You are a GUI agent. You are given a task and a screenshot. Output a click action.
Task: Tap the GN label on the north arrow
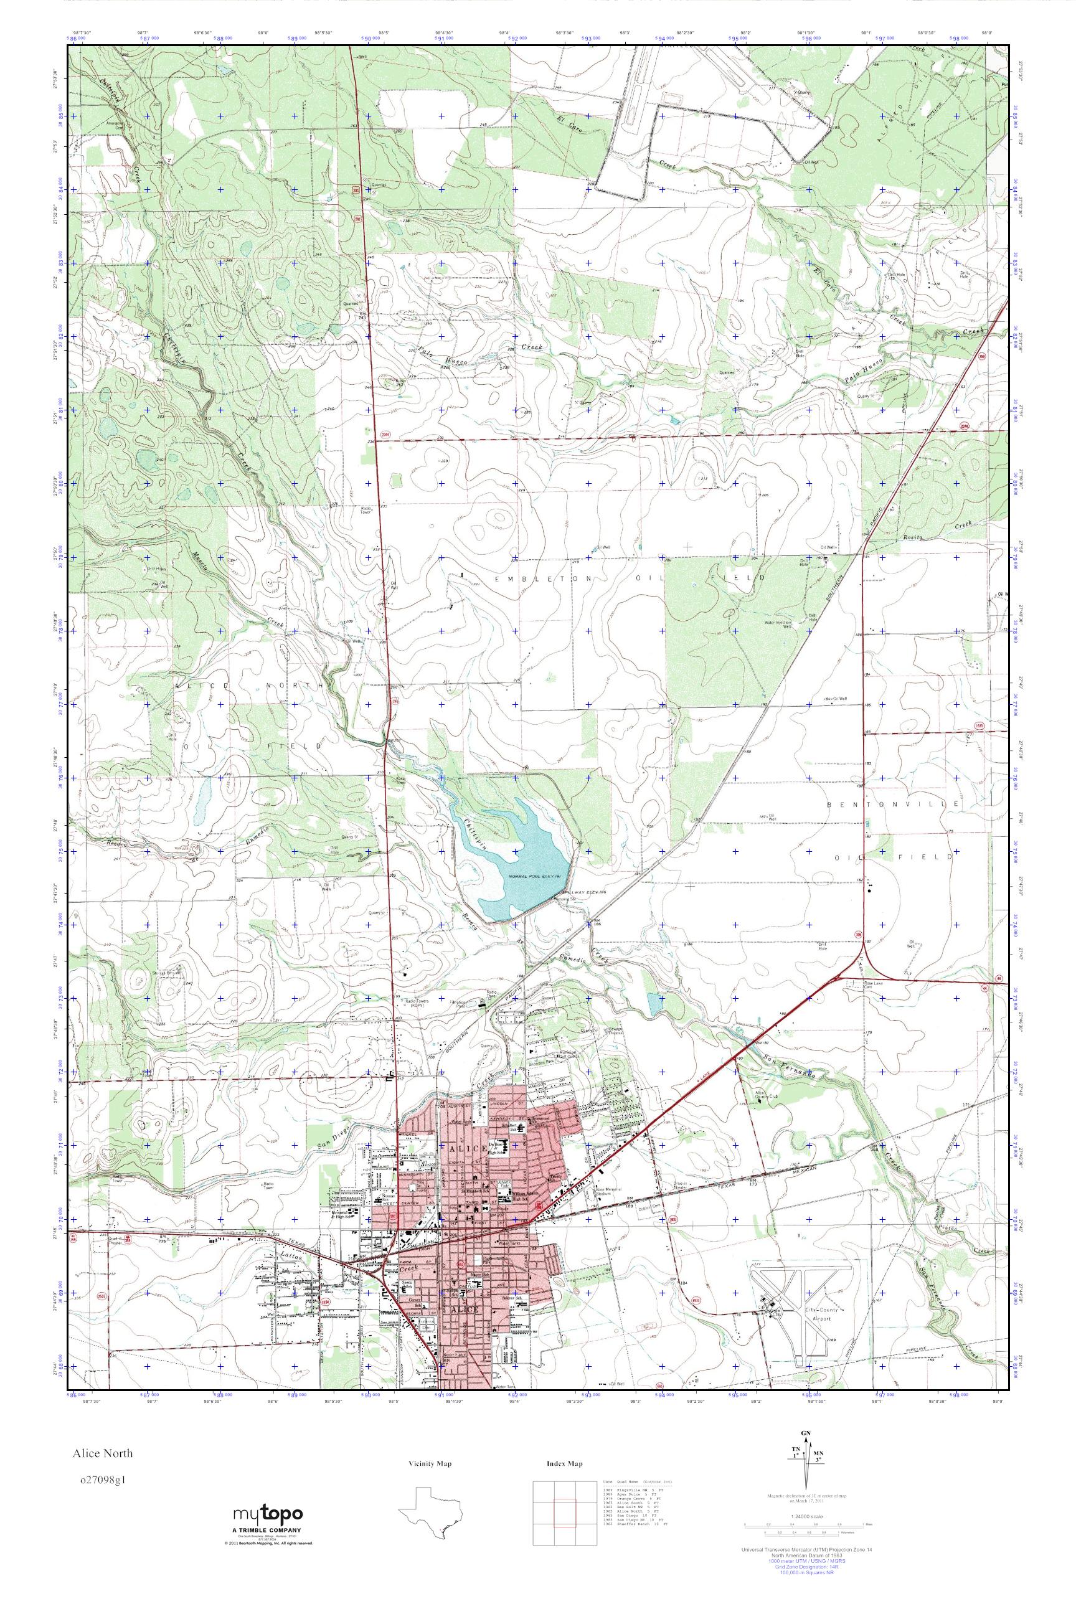click(805, 1453)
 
